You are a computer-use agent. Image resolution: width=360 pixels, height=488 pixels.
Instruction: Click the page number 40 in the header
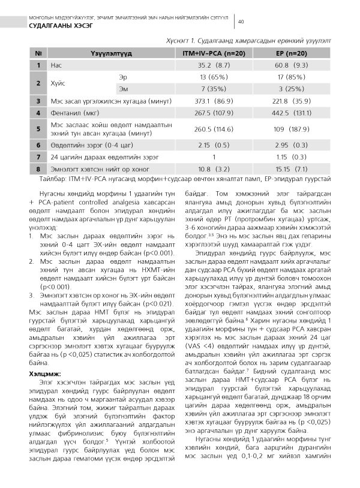click(241, 22)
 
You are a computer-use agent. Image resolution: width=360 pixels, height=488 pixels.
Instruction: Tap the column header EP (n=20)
click(292, 53)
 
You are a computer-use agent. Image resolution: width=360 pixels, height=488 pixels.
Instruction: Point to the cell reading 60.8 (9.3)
click(292, 65)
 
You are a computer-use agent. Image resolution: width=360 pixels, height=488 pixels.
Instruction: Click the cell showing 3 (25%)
click(292, 89)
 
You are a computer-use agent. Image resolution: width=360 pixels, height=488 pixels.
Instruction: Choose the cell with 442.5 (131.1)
click(292, 112)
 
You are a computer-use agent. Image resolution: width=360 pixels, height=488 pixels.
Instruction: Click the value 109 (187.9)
click(292, 128)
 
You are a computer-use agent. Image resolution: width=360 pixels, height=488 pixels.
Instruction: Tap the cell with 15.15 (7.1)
click(292, 168)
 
